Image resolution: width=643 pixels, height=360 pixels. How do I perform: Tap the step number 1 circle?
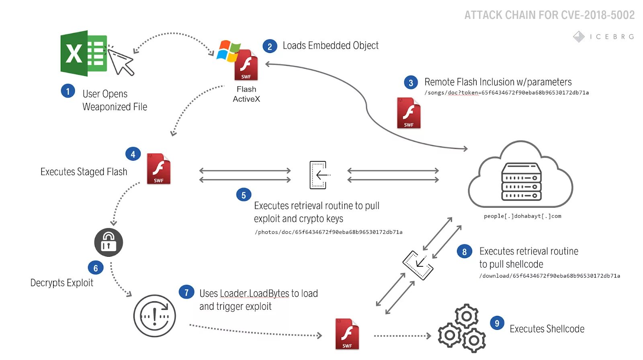(68, 91)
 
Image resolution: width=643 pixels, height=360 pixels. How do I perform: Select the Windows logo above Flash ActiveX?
(228, 51)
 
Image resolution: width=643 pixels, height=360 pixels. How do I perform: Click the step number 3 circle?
(411, 83)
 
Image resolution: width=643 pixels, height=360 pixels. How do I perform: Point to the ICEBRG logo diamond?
(579, 37)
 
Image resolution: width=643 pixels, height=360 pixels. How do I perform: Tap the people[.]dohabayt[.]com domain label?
(522, 216)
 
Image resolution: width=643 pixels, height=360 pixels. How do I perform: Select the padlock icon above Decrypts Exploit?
(109, 242)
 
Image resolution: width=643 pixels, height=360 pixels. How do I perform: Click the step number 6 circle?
(96, 268)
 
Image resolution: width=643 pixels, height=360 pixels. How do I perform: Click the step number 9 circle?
(497, 323)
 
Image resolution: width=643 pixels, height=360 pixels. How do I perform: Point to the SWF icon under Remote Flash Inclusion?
(409, 113)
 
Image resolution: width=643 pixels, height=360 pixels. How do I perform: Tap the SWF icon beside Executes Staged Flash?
(159, 169)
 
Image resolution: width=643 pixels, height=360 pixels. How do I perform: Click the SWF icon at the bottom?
(347, 334)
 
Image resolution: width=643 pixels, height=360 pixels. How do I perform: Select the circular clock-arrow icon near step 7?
(155, 316)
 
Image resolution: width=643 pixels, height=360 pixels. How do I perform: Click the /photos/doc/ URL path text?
(328, 232)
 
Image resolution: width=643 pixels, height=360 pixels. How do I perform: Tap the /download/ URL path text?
(549, 276)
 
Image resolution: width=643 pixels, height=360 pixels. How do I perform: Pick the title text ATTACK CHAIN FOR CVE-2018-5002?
(549, 15)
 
